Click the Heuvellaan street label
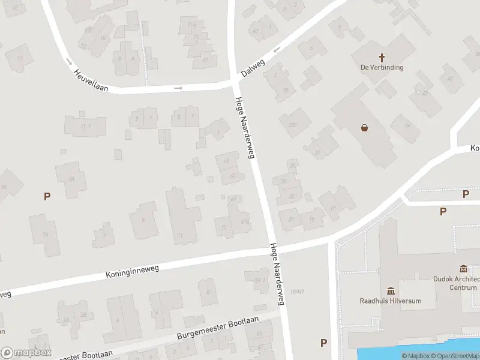[91, 80]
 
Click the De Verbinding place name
[382, 67]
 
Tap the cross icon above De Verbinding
[382, 57]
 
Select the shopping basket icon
[364, 127]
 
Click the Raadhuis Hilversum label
[391, 301]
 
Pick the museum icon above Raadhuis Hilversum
[391, 291]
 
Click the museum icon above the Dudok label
[463, 268]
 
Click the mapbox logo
[26, 353]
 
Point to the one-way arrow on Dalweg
[277, 50]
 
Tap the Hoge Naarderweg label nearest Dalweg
[245, 128]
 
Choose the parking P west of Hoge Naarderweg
[47, 196]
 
